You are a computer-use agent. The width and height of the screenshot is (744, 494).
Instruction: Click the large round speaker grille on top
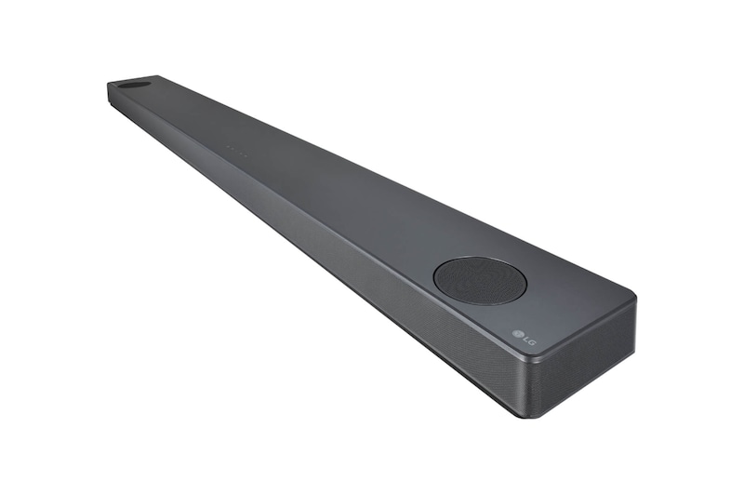point(480,280)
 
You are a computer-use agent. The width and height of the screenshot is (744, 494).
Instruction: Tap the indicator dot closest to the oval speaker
point(228,148)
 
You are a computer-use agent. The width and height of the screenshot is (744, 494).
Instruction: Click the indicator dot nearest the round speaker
point(246,155)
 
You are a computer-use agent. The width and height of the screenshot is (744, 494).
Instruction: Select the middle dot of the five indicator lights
point(237,152)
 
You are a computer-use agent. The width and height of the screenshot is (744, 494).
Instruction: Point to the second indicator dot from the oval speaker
point(232,150)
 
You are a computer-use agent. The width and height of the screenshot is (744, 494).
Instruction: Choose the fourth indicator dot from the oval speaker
point(241,154)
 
